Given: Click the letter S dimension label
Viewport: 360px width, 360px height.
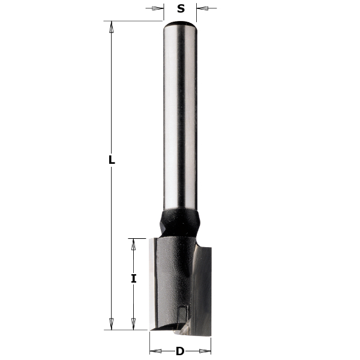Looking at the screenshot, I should point(181,9).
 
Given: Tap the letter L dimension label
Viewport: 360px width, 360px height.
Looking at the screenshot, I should point(111,160).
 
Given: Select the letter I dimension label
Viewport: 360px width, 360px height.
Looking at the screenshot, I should point(134,278).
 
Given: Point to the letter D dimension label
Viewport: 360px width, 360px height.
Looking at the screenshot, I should point(180,352).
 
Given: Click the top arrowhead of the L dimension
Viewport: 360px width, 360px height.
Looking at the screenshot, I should point(111,26).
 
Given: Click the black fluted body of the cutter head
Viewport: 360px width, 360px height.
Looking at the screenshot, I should point(170,276).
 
